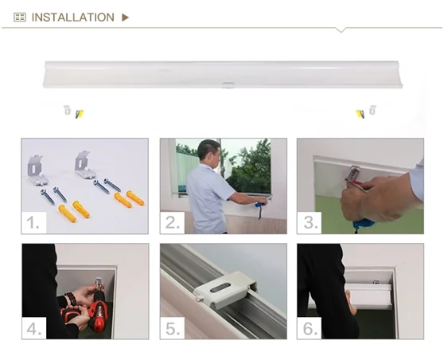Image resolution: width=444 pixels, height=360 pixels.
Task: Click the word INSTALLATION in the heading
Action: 72,18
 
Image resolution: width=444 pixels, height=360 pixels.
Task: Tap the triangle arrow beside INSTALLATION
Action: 125,18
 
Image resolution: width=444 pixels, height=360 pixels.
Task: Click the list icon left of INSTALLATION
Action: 20,18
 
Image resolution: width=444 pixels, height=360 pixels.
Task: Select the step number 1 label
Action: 33,222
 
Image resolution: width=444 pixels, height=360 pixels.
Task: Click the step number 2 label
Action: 172,222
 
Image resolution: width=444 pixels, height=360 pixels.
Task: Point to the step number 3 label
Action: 310,222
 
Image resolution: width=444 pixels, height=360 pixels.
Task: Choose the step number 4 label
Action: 34,328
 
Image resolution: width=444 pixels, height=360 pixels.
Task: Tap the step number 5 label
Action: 172,328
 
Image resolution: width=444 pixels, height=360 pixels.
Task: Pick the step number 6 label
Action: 310,328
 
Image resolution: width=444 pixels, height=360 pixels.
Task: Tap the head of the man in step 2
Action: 209,151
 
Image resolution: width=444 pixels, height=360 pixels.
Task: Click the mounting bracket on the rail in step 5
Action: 224,290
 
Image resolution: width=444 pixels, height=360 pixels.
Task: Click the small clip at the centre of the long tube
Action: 228,84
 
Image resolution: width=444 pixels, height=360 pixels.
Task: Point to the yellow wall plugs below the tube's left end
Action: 80,114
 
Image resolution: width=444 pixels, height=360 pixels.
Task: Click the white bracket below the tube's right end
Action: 372,110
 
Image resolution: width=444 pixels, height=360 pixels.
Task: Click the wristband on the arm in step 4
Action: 71,299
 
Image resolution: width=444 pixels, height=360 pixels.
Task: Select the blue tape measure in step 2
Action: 260,205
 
